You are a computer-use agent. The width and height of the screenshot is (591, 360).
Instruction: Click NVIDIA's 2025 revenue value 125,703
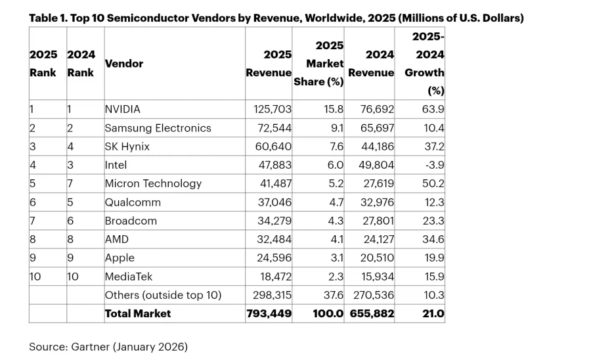coord(268,109)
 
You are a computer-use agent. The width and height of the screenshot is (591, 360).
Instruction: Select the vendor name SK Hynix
coord(127,146)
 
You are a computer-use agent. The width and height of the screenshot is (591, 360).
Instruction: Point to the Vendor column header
coord(124,64)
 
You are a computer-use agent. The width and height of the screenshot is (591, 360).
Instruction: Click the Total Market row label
coord(138,313)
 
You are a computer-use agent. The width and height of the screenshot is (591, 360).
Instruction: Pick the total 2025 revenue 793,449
coord(268,313)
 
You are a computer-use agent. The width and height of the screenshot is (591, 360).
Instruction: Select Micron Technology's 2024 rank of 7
coord(70,184)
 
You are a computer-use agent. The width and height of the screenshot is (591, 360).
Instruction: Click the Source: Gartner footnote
coord(108,346)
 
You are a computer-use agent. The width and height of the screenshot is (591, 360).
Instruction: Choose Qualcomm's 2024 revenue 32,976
coord(372,202)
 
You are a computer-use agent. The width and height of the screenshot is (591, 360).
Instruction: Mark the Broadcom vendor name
coord(131,221)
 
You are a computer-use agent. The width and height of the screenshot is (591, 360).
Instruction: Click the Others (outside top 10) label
coord(164,295)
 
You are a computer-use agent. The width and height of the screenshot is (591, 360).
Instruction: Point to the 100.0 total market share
coord(328,313)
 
